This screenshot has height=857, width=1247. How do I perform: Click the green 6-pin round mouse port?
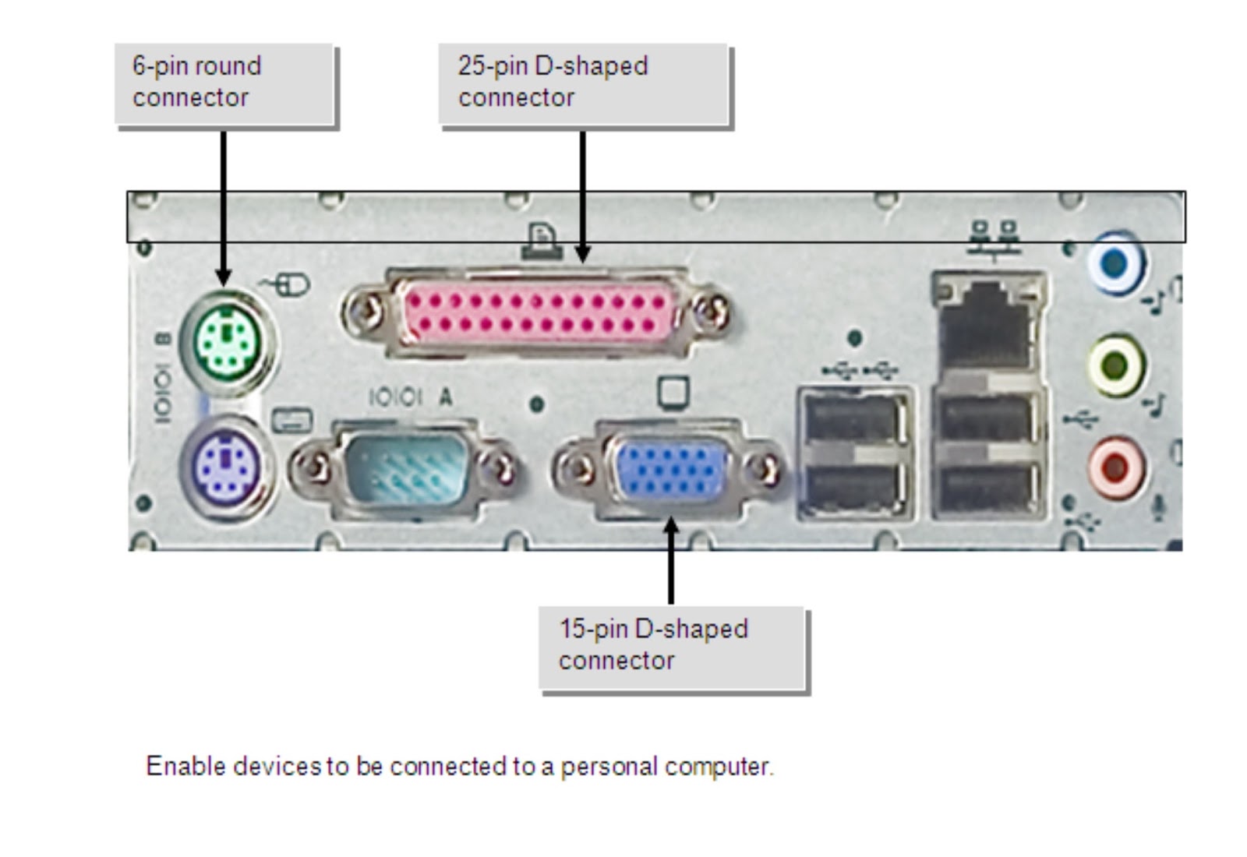227,340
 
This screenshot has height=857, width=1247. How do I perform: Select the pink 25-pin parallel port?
537,312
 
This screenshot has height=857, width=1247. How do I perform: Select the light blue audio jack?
1115,263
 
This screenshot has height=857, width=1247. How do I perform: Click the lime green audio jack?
1115,365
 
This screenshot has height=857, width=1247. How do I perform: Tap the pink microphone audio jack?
1115,467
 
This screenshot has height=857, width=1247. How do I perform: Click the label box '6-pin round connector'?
224,83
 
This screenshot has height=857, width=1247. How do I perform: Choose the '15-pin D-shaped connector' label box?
672,647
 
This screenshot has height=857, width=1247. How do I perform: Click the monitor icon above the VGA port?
673,393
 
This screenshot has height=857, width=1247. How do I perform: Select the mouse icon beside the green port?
288,285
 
